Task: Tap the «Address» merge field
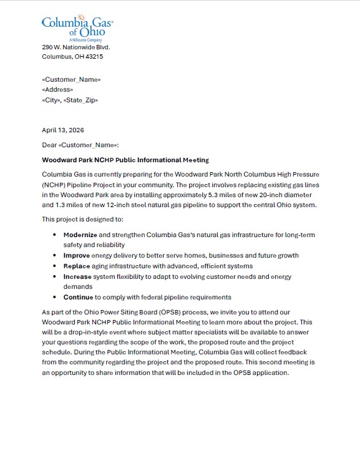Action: tap(57, 90)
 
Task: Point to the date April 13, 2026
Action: tap(62, 130)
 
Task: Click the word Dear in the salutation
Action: tap(49, 145)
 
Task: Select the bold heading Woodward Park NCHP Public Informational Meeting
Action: tap(125, 160)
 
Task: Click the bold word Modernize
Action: tap(80, 235)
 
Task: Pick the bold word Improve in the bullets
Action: tap(77, 255)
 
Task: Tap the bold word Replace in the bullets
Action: tap(77, 266)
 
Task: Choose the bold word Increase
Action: tap(78, 276)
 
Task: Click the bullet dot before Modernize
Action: tap(56, 235)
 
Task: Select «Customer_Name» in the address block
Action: tap(71, 79)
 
